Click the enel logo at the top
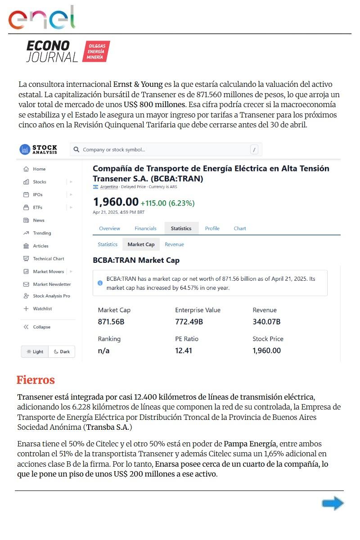pos(41,18)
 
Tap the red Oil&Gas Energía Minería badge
pos(96,51)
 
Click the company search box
pos(166,149)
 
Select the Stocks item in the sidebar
pos(39,182)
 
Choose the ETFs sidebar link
pos(37,207)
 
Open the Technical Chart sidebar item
pos(48,259)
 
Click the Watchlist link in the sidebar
pos(42,309)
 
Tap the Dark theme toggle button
pos(62,351)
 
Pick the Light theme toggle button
pos(35,351)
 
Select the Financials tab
pos(145,228)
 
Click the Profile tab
pos(212,228)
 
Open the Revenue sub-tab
pos(174,244)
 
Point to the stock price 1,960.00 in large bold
pos(116,202)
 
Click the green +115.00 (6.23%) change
pos(167,203)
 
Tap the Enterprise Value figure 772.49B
pos(189,322)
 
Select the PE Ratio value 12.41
pos(184,351)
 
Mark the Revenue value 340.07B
pos(266,322)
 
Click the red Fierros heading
pos(36,380)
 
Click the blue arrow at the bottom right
pos(333,504)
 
